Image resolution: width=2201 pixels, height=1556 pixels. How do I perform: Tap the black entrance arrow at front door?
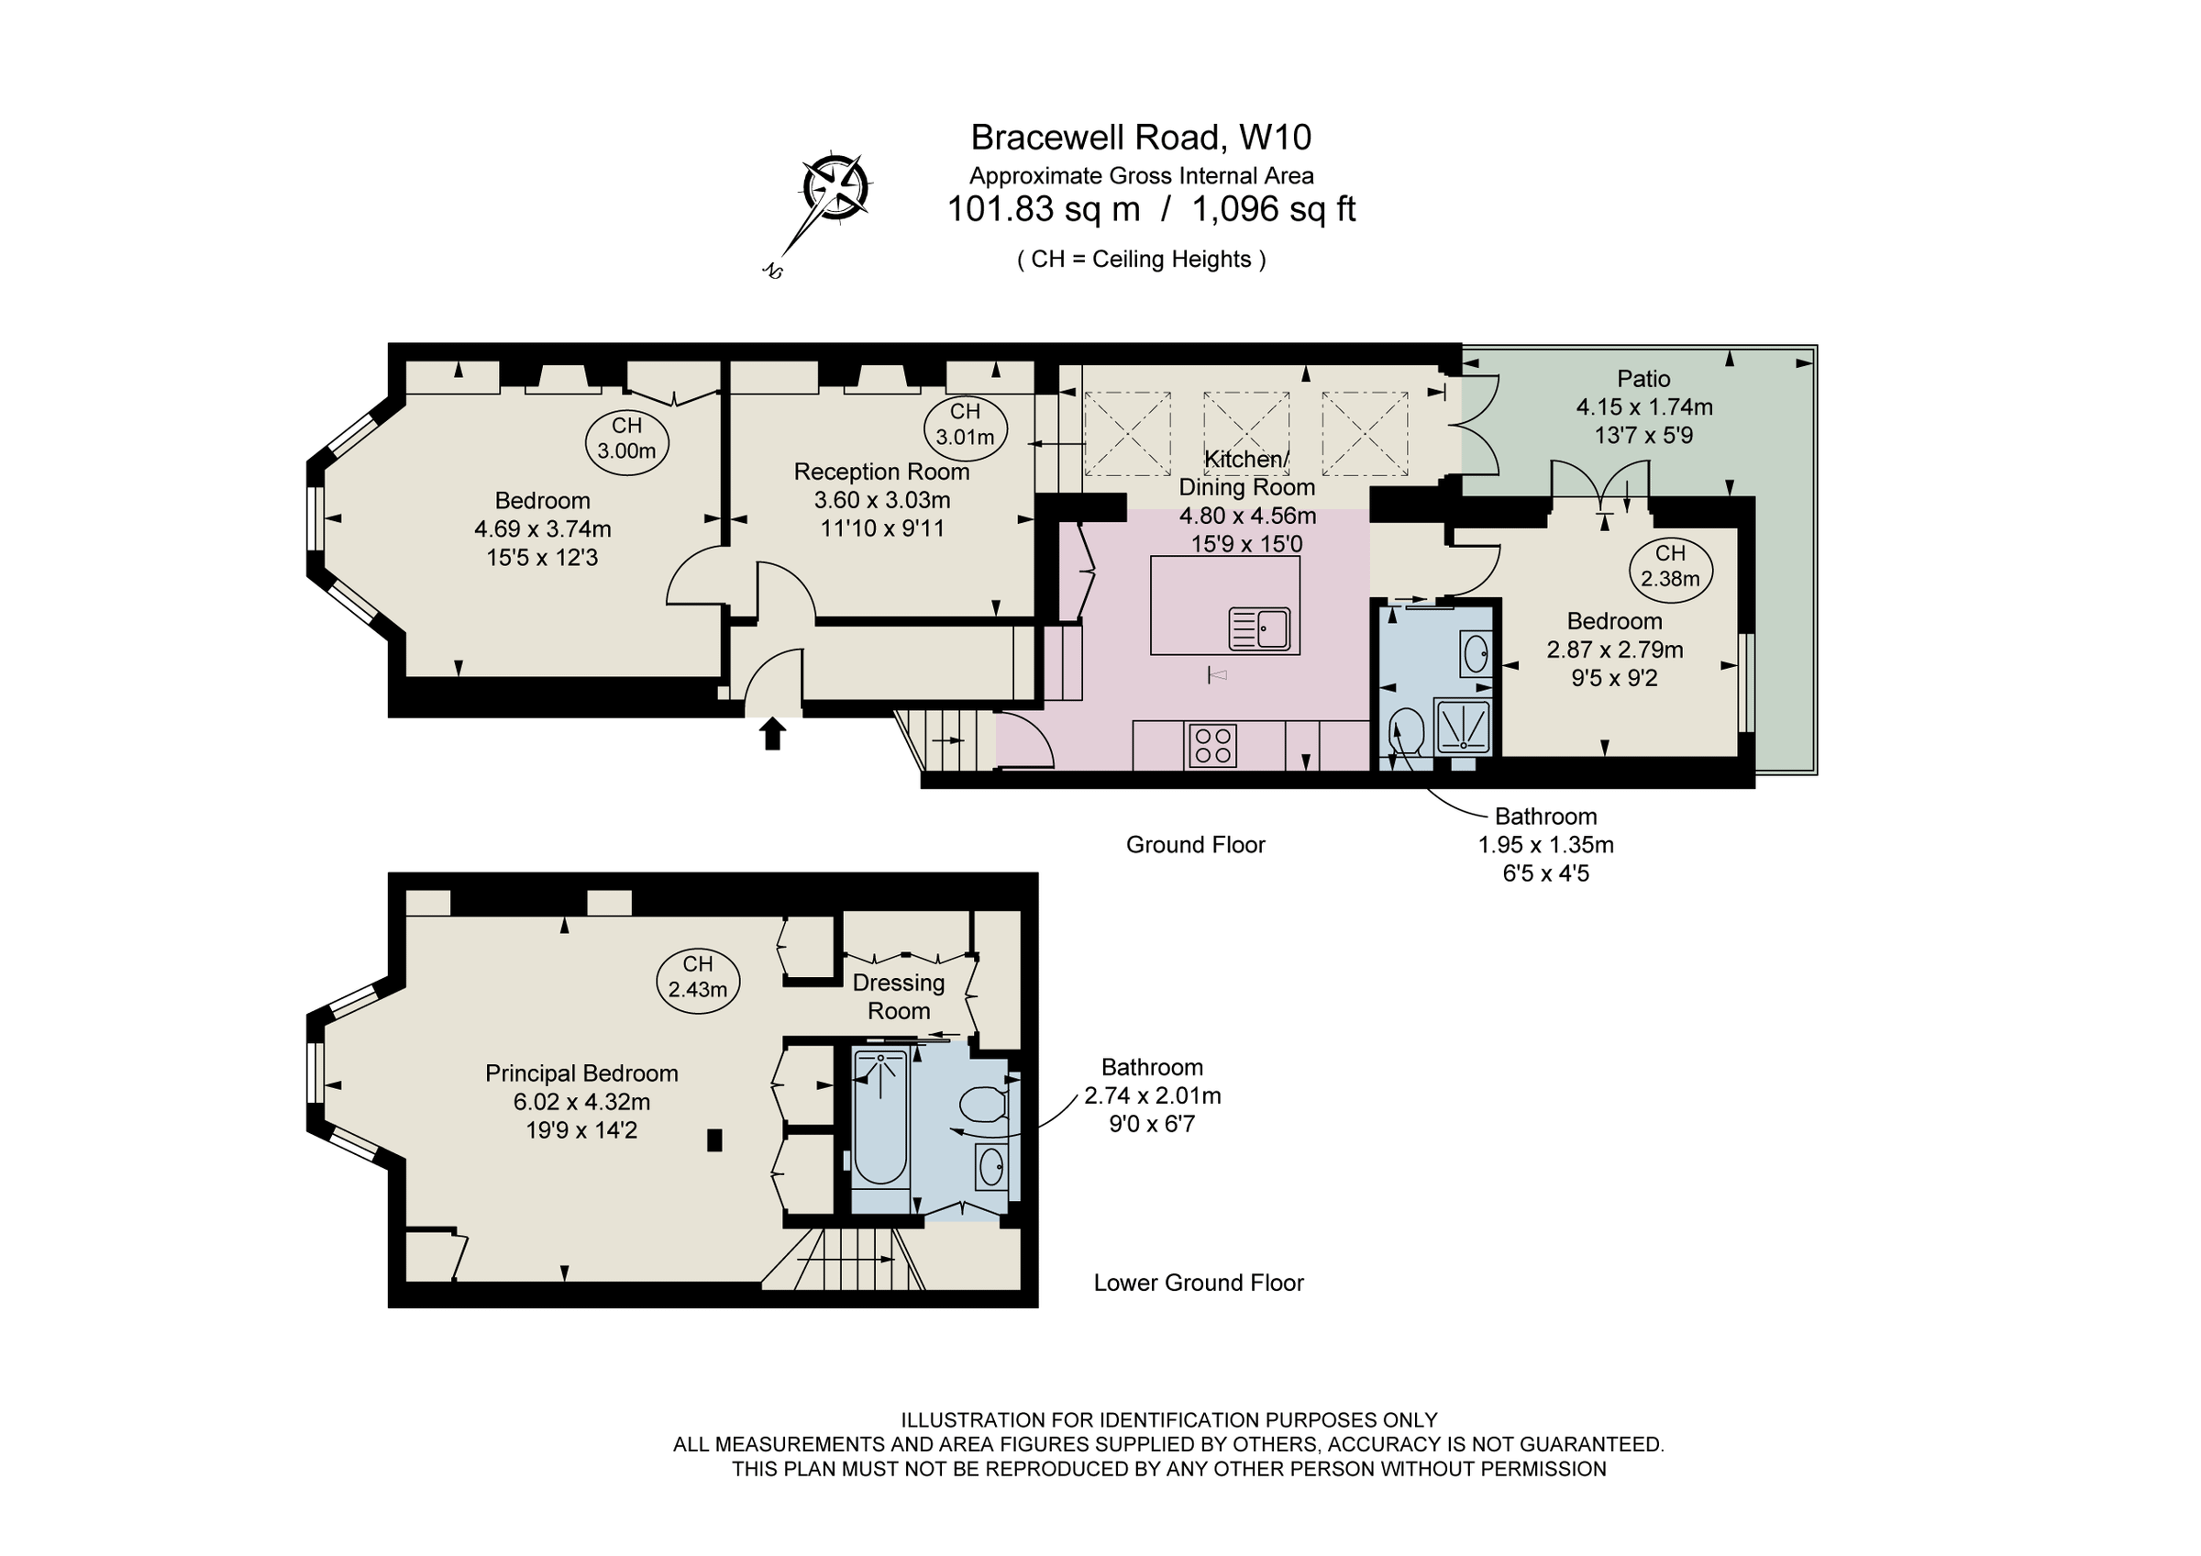(773, 733)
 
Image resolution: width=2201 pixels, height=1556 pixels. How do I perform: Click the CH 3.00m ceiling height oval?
(627, 439)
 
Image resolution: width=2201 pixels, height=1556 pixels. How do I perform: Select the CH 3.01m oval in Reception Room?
(966, 425)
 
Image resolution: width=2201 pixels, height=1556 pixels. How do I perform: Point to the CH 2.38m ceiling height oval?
(1670, 567)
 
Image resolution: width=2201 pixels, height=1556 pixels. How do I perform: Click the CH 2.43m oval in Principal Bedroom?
(698, 977)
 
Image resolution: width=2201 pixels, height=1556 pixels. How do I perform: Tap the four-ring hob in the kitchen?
(1212, 745)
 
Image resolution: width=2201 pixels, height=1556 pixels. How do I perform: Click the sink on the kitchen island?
(1260, 629)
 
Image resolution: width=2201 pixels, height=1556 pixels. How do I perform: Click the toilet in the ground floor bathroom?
(1407, 730)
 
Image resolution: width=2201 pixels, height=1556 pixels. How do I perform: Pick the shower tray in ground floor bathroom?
(1463, 726)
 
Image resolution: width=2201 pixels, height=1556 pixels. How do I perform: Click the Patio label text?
(1643, 379)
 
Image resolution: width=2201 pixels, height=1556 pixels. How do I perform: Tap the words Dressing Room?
(898, 996)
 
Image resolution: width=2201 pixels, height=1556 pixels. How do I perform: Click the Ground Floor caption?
(1195, 845)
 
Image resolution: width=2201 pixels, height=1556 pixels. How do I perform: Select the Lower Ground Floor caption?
(1199, 1283)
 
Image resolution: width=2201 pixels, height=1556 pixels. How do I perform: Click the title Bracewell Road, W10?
(1141, 138)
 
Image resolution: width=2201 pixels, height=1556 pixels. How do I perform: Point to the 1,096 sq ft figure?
(1273, 209)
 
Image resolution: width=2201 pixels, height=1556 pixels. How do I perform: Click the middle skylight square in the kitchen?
(1245, 433)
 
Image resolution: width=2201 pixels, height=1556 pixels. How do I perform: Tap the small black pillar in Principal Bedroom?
(714, 1139)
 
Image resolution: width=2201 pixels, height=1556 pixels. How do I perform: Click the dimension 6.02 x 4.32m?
(581, 1102)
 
